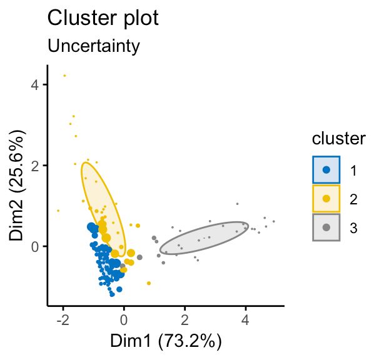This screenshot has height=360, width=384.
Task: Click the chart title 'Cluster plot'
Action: (x=103, y=18)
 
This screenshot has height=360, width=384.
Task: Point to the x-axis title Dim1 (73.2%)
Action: (x=166, y=341)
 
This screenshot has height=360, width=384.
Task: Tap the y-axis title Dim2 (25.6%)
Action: (x=18, y=184)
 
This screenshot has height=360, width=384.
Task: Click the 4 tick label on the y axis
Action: (x=36, y=84)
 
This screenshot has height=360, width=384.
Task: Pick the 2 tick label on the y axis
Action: (x=36, y=166)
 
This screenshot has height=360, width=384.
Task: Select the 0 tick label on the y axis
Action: (x=36, y=246)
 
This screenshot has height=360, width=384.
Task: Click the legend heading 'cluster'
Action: (x=338, y=139)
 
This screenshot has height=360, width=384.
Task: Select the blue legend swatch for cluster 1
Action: (x=326, y=169)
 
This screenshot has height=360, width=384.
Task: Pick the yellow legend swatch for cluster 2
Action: (x=326, y=199)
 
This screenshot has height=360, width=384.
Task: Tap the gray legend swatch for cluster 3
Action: (x=326, y=228)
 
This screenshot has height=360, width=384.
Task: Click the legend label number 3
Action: (x=354, y=228)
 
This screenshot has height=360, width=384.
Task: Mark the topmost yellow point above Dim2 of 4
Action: (x=64, y=76)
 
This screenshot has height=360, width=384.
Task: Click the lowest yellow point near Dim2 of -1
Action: (x=148, y=283)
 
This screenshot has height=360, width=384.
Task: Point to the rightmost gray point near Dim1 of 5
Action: (x=273, y=222)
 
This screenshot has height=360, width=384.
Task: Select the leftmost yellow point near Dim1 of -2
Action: (x=58, y=211)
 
